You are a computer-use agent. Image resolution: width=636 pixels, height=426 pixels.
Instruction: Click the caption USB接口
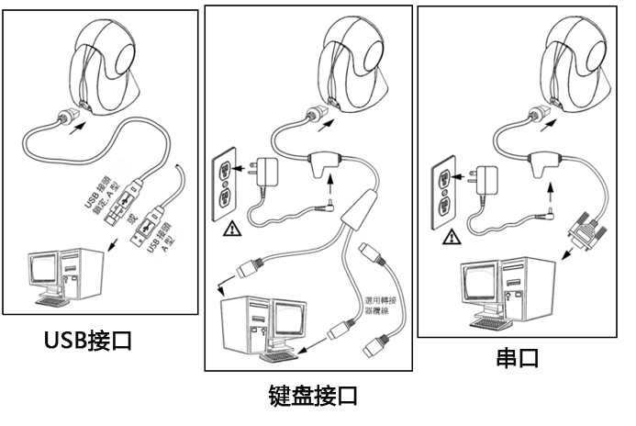[88, 341]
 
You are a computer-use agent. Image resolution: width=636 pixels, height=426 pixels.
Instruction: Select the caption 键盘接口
[312, 396]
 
